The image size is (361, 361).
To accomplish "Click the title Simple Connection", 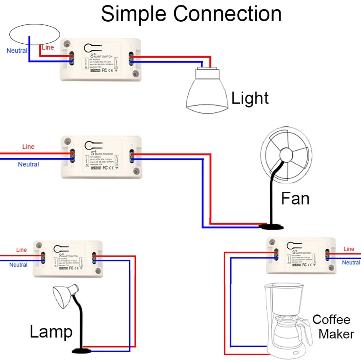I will pos(191,14).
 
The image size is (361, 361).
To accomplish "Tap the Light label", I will pos(250,98).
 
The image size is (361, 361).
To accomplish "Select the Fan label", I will pos(295,199).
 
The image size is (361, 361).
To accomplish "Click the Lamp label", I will pos(51,332).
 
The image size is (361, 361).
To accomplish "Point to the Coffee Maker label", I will pos(331,327).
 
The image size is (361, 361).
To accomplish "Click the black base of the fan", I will pos(271,227).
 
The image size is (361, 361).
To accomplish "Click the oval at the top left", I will pos(34,34).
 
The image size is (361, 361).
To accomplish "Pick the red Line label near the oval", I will pos(48,48).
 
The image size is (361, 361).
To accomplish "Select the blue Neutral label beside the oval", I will pos(17,51).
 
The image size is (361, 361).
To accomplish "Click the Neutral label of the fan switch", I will pos(28,164).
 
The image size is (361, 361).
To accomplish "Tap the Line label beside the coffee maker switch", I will pos(349,249).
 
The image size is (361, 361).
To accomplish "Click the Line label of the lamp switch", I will pos(21,250).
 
